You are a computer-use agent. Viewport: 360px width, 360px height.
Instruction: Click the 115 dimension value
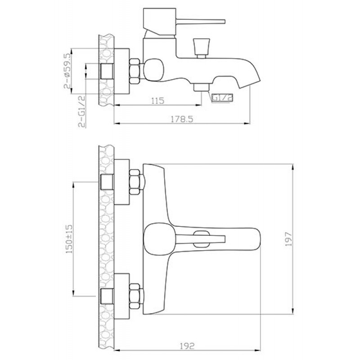pos(158,100)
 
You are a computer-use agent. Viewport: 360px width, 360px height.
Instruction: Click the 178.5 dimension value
pos(182,119)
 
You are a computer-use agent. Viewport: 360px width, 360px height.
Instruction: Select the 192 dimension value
pos(187,346)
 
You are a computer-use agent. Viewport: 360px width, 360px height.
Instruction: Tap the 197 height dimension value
pos(288,239)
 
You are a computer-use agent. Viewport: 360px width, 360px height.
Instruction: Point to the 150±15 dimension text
pos(69,239)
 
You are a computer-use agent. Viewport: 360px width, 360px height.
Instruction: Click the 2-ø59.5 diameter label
pos(67,71)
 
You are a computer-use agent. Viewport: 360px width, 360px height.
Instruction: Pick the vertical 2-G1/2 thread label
pos(82,112)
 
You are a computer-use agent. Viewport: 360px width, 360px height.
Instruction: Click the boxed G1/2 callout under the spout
pos(222,98)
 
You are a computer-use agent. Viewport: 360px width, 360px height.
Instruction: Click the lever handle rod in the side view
pos(200,22)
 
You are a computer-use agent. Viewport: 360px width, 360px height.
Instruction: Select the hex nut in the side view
pos(135,71)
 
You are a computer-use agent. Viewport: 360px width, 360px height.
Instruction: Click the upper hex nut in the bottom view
pos(135,182)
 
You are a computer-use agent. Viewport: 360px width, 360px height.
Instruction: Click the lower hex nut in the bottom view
pos(135,296)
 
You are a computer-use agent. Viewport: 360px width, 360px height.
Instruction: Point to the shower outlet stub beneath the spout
pos(201,87)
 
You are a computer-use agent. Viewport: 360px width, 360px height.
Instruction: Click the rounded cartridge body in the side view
pos(153,70)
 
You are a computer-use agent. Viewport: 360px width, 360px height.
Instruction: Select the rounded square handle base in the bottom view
pos(158,239)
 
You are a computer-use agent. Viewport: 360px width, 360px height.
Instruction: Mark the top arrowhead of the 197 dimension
pos(293,167)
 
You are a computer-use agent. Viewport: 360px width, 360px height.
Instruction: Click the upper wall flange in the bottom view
pos(121,182)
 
